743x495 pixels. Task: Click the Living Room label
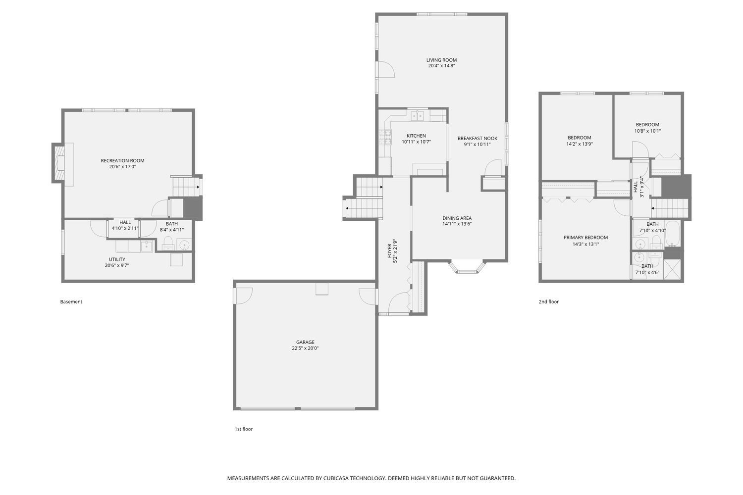click(x=441, y=60)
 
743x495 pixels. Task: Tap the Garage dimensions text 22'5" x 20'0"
click(x=305, y=348)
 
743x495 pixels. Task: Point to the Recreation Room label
click(x=122, y=160)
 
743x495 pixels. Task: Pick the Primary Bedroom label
click(x=585, y=238)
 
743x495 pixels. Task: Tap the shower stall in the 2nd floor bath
click(x=672, y=270)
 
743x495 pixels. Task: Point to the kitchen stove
click(x=385, y=136)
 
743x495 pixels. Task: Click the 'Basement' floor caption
click(x=71, y=302)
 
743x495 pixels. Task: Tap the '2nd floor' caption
click(x=548, y=302)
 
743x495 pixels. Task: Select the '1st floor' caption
click(x=243, y=429)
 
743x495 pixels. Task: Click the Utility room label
click(x=117, y=259)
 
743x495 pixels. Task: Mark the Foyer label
click(x=390, y=251)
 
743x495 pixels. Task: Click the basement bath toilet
click(x=168, y=243)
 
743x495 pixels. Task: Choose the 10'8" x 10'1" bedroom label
click(x=647, y=125)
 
